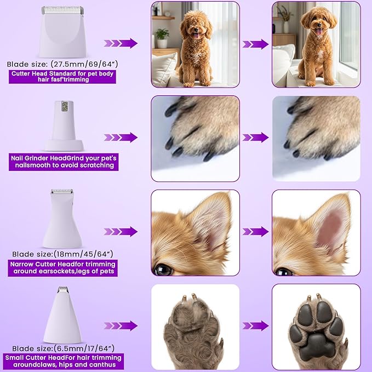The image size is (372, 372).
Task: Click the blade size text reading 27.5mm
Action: pos(61,64)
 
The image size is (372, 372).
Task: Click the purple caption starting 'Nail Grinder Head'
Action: pos(62,161)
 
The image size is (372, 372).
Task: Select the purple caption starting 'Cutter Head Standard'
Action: pos(62,76)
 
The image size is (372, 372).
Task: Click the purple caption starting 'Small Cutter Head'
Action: pos(62,361)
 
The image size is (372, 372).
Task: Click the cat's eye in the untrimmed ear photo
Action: pos(163,269)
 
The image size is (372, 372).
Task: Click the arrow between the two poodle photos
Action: pos(255,44)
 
